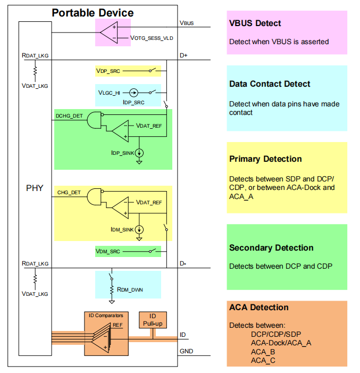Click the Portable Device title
point(93,13)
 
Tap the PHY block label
point(35,188)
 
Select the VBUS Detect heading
point(255,23)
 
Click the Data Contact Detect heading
point(270,84)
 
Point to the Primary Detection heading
point(265,159)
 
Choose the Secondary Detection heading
point(271,247)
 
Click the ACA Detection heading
point(259,308)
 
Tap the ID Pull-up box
point(153,320)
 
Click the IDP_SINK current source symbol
point(139,153)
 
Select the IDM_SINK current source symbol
point(139,229)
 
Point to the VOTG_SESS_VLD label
point(152,38)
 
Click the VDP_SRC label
point(108,71)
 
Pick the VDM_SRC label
point(108,252)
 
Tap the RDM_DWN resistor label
point(130,290)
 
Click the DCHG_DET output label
point(69,116)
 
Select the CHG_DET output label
point(69,193)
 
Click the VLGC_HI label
point(109,93)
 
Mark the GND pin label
point(187,351)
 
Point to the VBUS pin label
point(187,23)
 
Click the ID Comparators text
point(106,316)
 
